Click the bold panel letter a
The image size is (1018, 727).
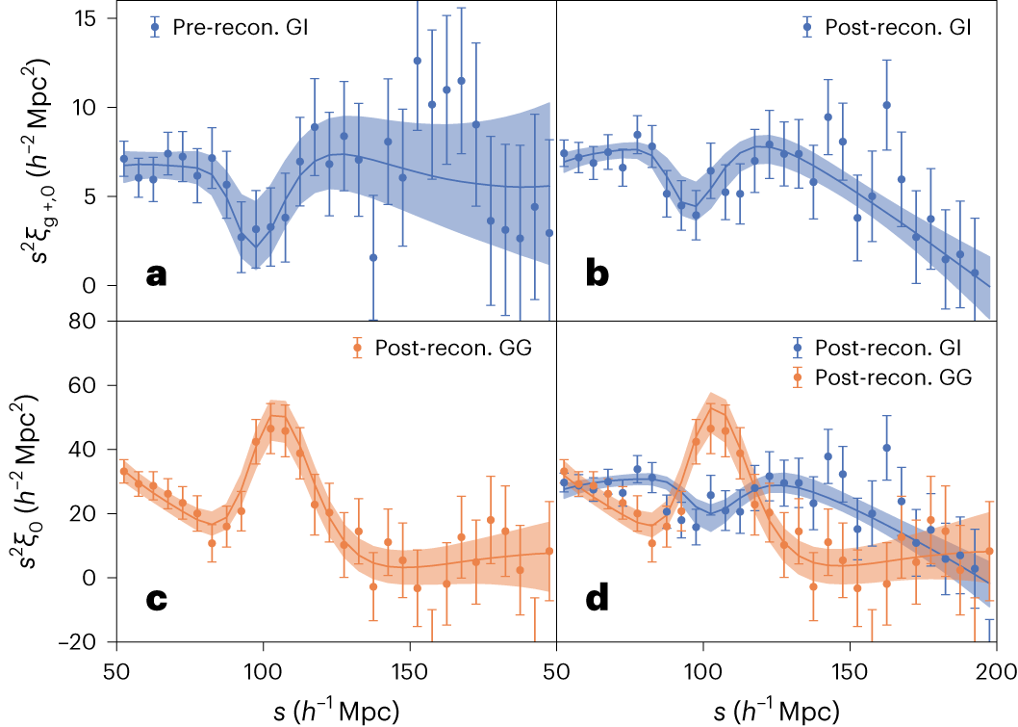coord(156,276)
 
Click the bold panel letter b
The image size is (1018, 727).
coord(597,276)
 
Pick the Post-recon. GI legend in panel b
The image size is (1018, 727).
coord(885,29)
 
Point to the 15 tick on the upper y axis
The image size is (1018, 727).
coord(93,18)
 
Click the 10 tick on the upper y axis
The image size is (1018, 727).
coord(93,107)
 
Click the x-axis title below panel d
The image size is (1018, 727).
coord(776,710)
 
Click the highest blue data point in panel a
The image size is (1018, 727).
coord(418,61)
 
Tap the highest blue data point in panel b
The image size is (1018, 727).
coord(886,105)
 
